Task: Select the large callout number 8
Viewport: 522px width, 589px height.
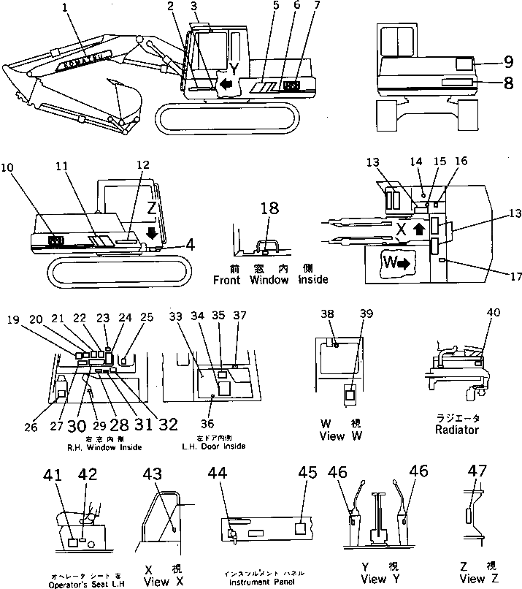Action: [508, 83]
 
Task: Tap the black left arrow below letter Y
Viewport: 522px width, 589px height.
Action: [227, 85]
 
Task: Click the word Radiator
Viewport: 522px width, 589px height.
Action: [456, 430]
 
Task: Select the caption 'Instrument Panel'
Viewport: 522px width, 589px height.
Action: [262, 582]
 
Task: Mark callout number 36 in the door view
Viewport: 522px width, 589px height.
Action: [211, 422]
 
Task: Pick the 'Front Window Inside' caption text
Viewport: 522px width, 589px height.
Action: [270, 279]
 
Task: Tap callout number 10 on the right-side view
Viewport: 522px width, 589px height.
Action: [8, 167]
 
